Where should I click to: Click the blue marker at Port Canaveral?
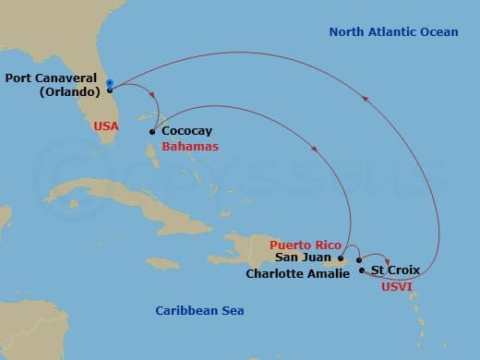[x=110, y=84]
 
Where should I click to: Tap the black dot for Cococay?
[x=151, y=132]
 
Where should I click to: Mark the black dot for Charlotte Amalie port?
[x=359, y=259]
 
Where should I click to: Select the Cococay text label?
[x=185, y=132]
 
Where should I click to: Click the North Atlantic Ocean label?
[x=393, y=32]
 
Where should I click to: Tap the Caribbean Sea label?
[x=199, y=311]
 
